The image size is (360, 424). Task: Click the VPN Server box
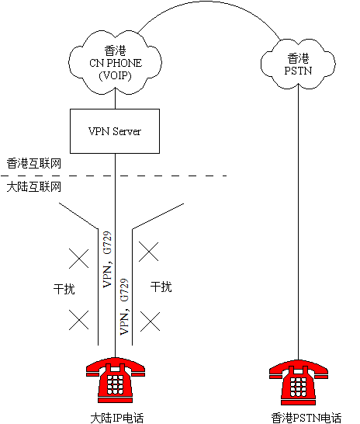click(115, 131)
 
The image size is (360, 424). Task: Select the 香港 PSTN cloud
click(298, 64)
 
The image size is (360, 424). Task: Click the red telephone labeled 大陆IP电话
click(116, 381)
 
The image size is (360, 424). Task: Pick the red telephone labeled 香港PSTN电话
click(299, 382)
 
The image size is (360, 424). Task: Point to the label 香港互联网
click(34, 164)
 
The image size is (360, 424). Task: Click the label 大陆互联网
click(34, 187)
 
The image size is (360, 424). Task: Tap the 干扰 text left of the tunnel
click(64, 289)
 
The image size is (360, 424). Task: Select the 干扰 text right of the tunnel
click(161, 287)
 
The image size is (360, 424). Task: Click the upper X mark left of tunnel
click(78, 259)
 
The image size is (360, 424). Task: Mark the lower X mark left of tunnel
click(78, 320)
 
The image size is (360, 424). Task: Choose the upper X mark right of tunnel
click(148, 252)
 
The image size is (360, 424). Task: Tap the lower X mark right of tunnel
click(150, 321)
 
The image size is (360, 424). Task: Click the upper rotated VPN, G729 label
click(107, 259)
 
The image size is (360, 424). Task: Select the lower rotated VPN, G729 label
click(124, 307)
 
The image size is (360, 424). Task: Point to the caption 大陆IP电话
click(117, 418)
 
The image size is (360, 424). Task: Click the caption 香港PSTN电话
click(306, 418)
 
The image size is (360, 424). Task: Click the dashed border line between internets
click(113, 176)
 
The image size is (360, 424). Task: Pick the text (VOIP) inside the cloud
click(115, 75)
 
